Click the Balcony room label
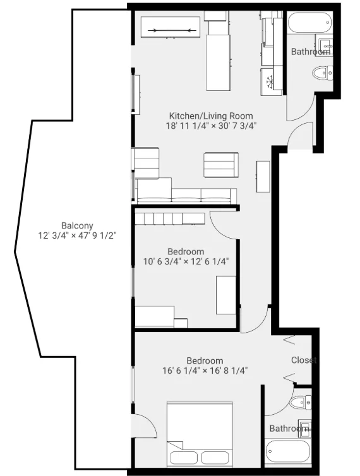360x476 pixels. click(x=77, y=225)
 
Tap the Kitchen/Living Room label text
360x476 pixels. click(x=210, y=116)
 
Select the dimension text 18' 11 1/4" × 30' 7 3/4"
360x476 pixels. click(x=210, y=126)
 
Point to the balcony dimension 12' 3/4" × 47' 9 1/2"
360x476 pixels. click(x=77, y=235)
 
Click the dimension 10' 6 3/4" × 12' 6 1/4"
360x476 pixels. click(x=186, y=261)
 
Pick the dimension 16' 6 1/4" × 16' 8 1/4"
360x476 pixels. click(x=204, y=371)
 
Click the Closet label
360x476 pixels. click(x=304, y=360)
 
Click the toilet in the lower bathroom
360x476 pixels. click(x=297, y=402)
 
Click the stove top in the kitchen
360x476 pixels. click(x=272, y=81)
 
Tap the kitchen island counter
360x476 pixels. click(x=219, y=62)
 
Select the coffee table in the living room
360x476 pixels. click(x=220, y=165)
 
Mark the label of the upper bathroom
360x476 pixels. click(x=309, y=52)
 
